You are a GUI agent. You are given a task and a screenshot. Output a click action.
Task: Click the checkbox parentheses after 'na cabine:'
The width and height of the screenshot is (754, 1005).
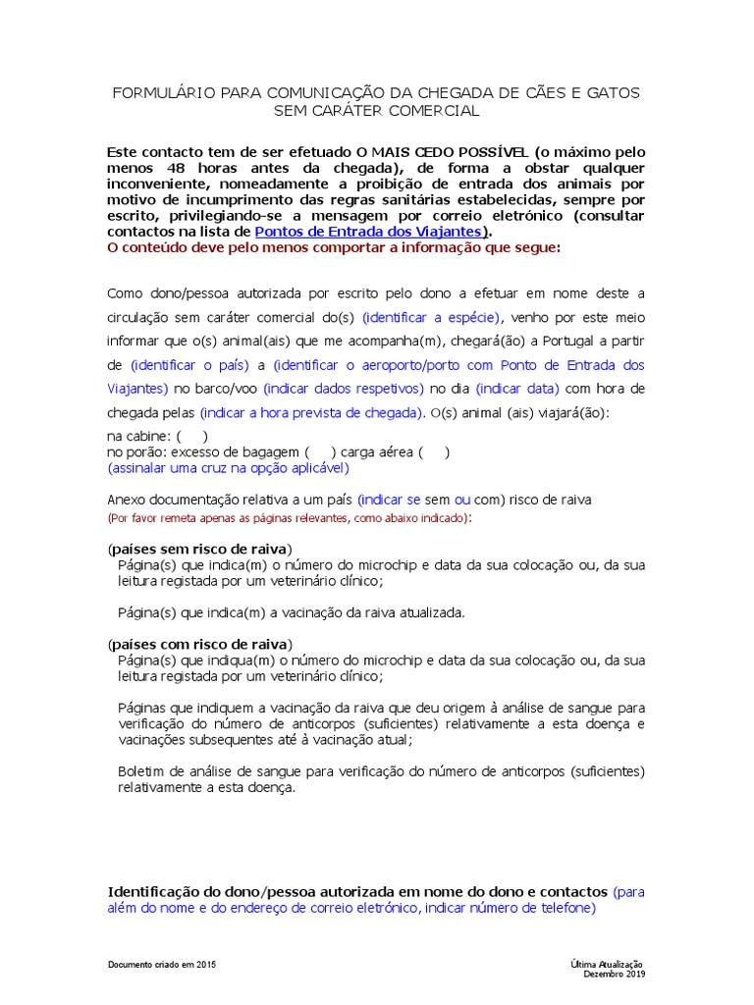[191, 436]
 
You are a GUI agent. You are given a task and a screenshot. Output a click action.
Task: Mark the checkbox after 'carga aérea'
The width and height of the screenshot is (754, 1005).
[434, 452]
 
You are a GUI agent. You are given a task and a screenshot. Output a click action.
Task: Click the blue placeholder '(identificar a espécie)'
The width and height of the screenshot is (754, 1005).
[431, 317]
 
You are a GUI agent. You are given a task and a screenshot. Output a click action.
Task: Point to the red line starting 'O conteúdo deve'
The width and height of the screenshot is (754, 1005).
[334, 247]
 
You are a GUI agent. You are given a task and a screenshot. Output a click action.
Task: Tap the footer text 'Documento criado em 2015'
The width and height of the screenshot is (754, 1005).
[161, 965]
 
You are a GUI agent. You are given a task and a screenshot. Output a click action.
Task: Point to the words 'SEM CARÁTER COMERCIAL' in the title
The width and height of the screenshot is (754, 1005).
[376, 111]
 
